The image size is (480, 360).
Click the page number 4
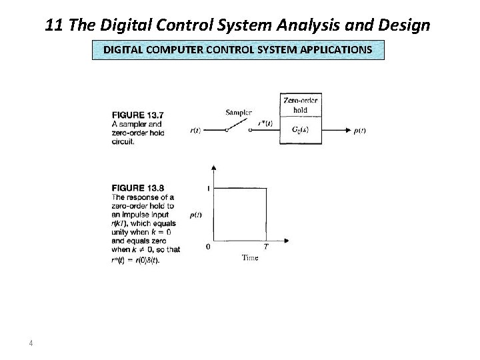31,344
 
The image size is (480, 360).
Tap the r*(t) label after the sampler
265,123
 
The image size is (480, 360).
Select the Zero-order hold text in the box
301,105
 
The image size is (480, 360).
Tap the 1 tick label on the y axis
208,189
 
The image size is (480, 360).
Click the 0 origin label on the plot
208,246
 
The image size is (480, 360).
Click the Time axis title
249,257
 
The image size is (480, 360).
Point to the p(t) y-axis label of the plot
197,215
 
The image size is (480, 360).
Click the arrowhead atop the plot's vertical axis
213,167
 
